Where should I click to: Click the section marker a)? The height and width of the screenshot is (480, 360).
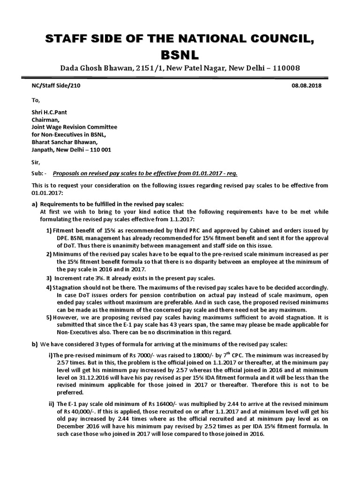[x=34, y=204]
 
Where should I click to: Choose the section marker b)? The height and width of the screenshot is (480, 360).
[x=34, y=344]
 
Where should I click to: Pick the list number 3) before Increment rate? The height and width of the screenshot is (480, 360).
[x=49, y=278]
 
